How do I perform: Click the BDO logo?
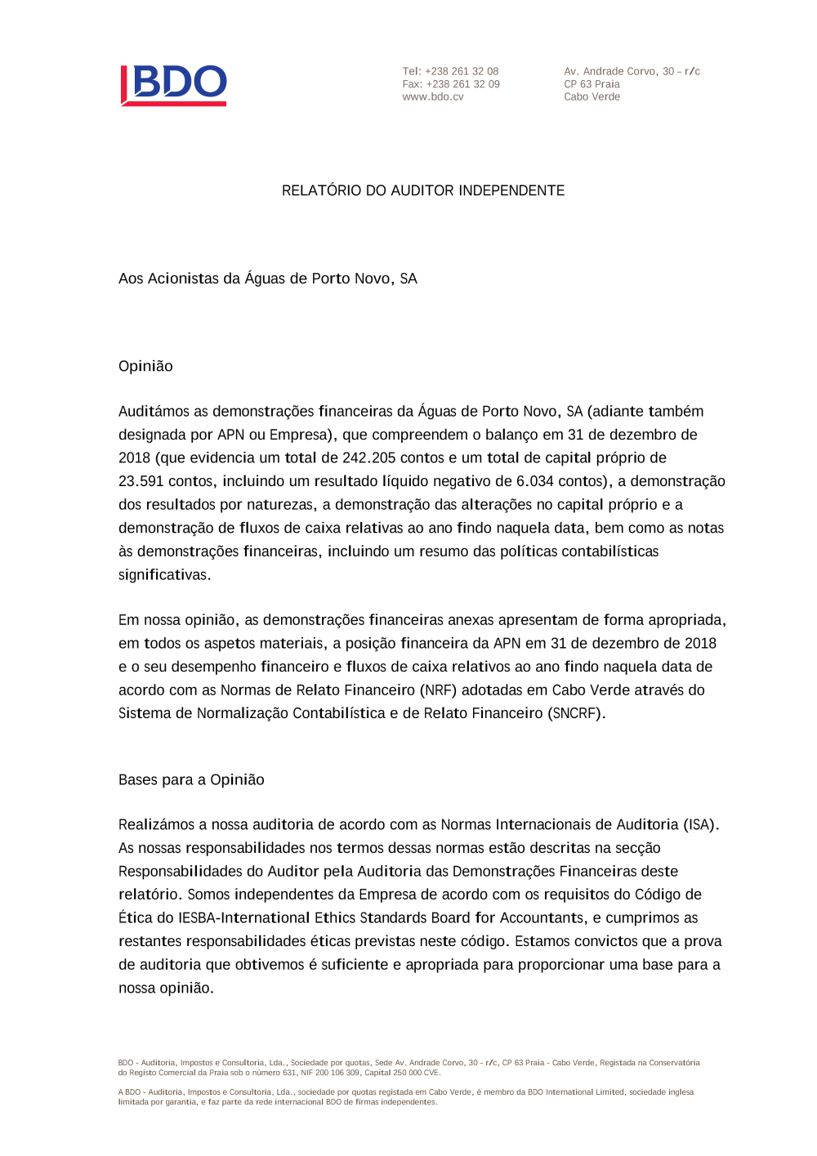174,85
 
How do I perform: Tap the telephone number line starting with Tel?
450,71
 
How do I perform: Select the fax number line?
451,84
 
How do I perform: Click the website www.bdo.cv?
433,96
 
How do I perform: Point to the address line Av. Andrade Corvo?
632,71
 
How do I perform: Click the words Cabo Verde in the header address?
592,96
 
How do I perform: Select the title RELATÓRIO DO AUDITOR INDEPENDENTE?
423,190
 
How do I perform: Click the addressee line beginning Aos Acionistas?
267,279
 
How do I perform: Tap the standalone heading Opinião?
145,366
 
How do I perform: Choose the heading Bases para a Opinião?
191,779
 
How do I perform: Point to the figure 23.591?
141,481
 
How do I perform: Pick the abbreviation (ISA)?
700,824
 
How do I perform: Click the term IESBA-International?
243,917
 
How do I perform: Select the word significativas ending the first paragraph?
163,574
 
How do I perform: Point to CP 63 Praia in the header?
592,84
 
